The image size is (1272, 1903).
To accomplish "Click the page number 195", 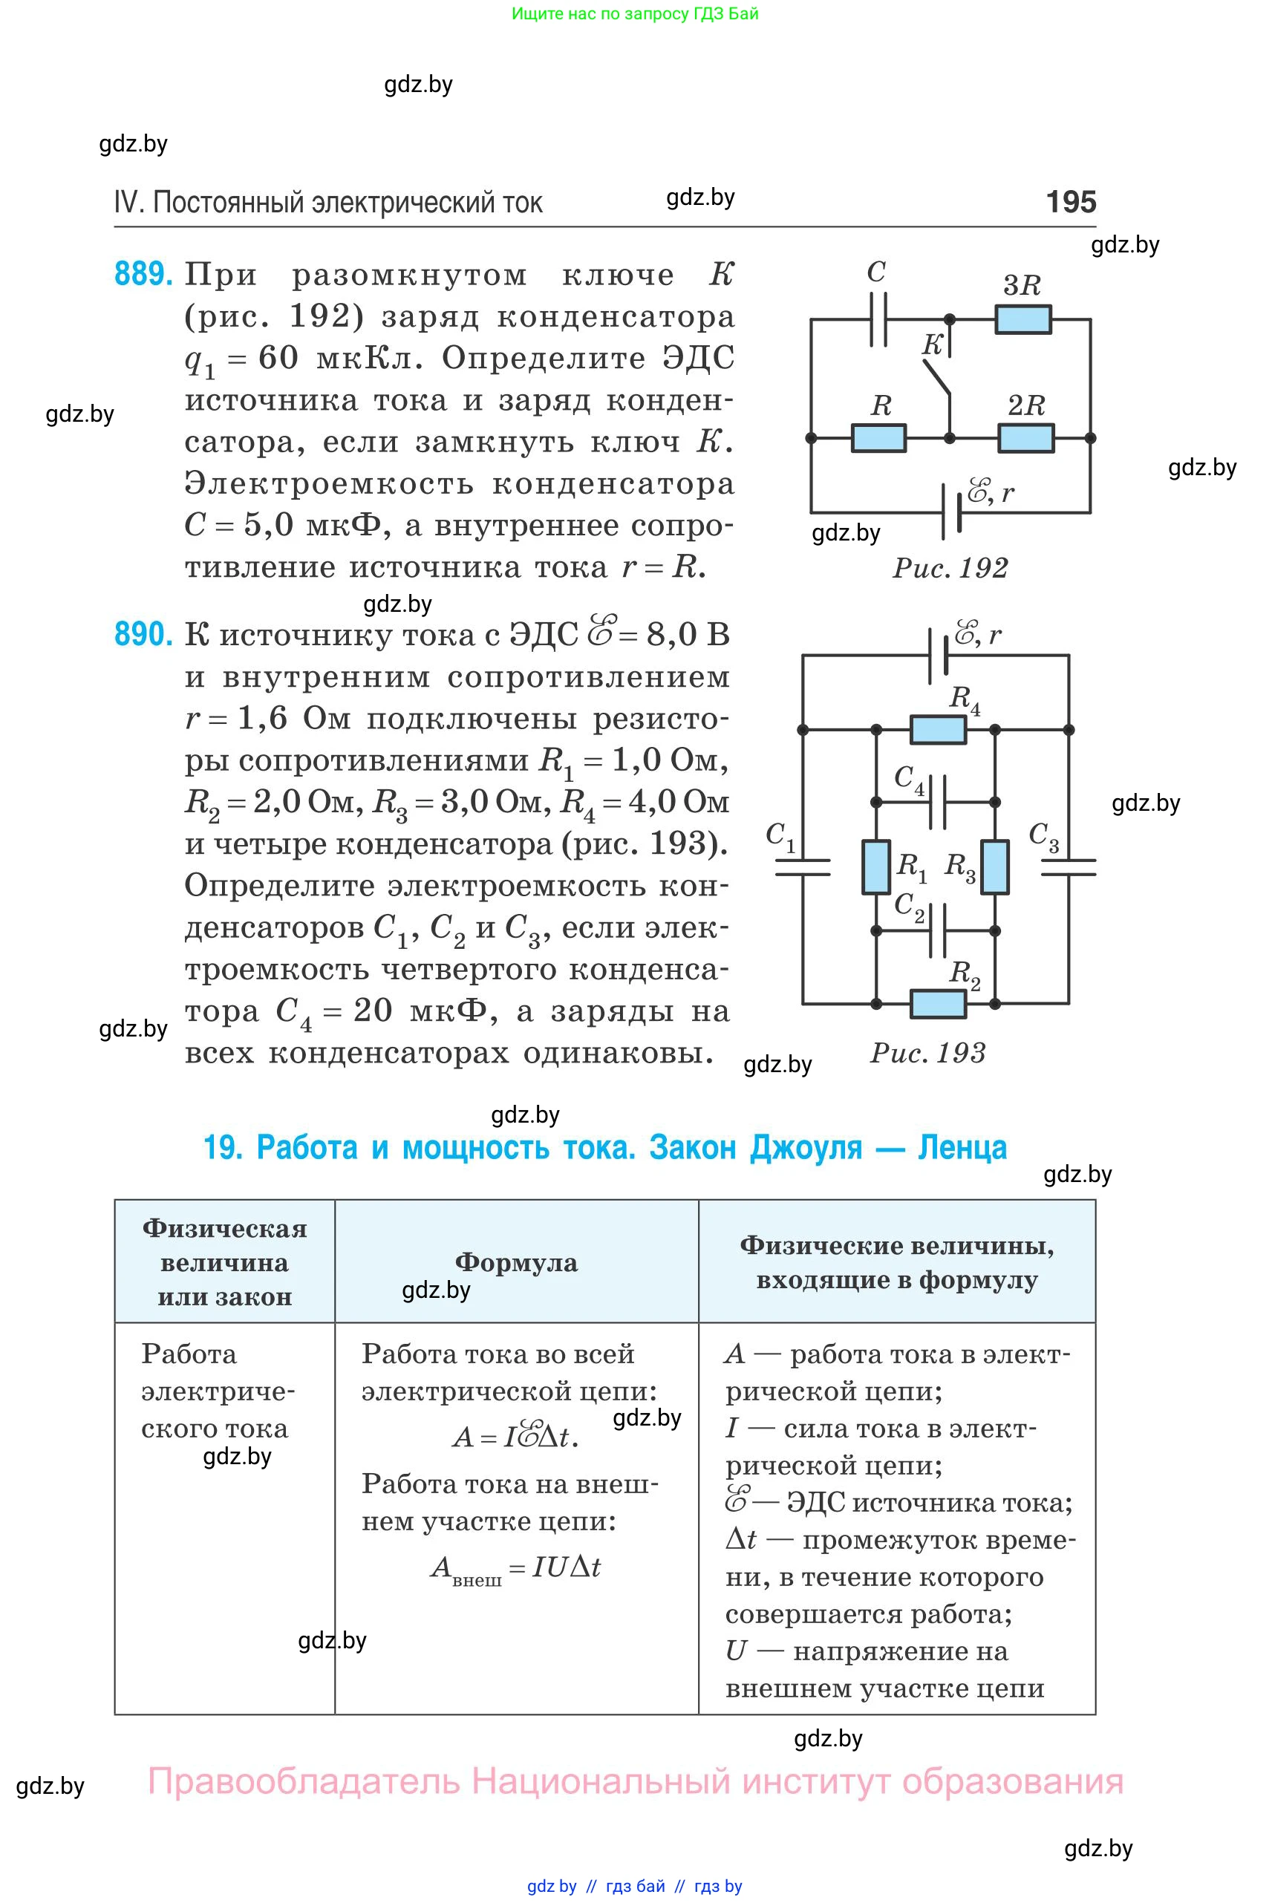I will click(x=1071, y=201).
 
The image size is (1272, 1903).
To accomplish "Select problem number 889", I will click(x=143, y=274).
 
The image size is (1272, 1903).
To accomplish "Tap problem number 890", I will click(x=143, y=633).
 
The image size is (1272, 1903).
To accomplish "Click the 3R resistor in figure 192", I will click(x=1023, y=319).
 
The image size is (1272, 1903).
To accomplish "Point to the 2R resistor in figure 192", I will click(x=1026, y=438).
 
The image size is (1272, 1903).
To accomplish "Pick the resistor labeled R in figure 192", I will click(x=878, y=438).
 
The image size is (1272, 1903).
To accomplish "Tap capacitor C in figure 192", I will click(x=878, y=319).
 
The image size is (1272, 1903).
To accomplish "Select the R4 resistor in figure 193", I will click(x=938, y=730).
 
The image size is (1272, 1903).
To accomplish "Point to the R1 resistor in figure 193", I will click(x=876, y=867).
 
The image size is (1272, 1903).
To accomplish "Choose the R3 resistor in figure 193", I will click(x=994, y=867).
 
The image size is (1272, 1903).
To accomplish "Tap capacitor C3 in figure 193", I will click(x=1068, y=867).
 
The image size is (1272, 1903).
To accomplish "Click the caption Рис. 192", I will click(x=950, y=568).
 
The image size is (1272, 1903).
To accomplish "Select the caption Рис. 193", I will click(x=927, y=1053).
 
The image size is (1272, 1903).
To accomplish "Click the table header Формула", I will click(x=516, y=1262).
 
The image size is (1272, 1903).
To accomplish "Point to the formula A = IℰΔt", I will click(x=515, y=1437).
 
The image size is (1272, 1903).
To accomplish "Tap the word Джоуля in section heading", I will click(x=806, y=1148).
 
